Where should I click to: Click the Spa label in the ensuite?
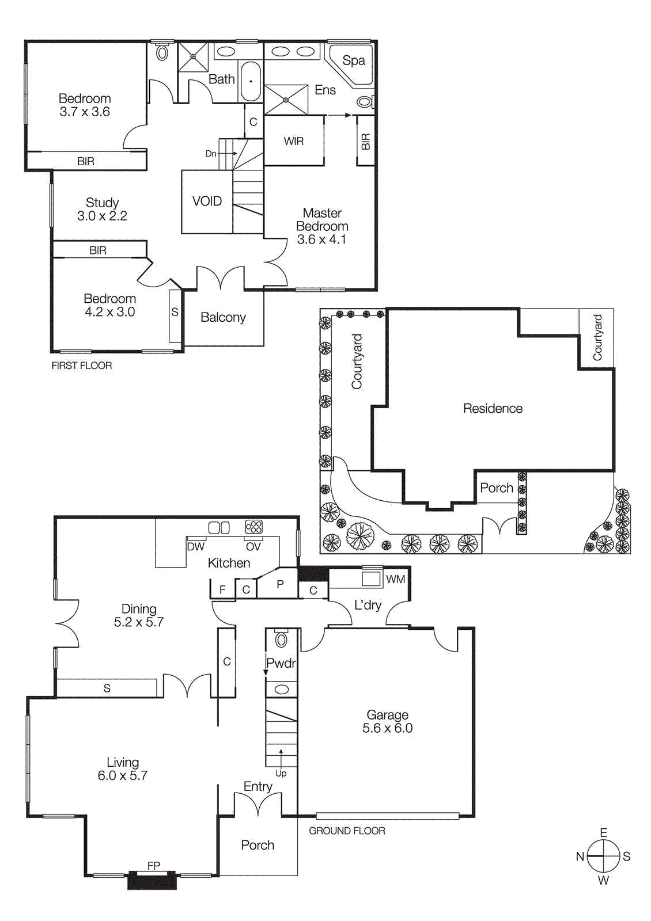point(353,60)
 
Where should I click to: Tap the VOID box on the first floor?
point(207,201)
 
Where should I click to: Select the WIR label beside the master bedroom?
point(293,141)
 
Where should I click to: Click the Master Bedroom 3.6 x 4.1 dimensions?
point(321,239)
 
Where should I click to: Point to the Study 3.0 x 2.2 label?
point(102,209)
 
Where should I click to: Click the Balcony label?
point(223,317)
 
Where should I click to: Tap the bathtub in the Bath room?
point(251,81)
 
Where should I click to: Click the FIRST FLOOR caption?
point(82,366)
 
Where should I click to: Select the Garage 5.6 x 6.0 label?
point(387,721)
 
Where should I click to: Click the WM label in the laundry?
point(395,579)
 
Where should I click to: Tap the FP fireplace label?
point(153,865)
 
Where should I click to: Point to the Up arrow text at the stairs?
point(281,773)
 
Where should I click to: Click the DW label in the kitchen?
point(196,547)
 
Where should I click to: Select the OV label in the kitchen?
point(253,547)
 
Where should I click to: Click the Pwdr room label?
point(281,663)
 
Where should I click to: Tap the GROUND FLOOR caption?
point(347,831)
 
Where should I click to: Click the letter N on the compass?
point(580,857)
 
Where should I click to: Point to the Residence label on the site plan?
point(493,409)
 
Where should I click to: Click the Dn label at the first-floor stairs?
point(211,154)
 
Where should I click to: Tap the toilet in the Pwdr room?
point(281,639)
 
